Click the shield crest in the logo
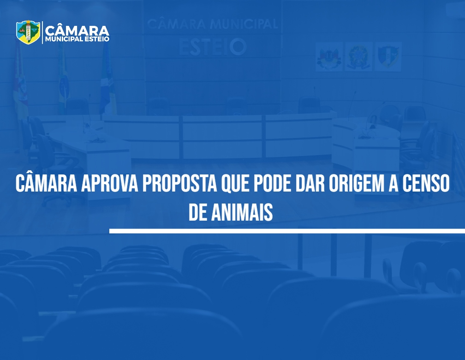[x=28, y=32]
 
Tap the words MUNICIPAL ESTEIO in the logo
[x=77, y=39]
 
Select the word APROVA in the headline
[x=109, y=184]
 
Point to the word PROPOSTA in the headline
[x=180, y=184]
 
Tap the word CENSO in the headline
[x=426, y=184]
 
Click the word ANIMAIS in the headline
[x=242, y=212]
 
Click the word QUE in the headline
[x=235, y=185]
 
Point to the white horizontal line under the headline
[x=287, y=231]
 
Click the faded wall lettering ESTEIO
[x=213, y=47]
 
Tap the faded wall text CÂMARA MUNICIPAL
[x=212, y=24]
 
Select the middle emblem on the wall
[x=358, y=56]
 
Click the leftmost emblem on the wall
[x=329, y=56]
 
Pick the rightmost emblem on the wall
[x=388, y=56]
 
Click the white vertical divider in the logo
[x=42, y=32]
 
